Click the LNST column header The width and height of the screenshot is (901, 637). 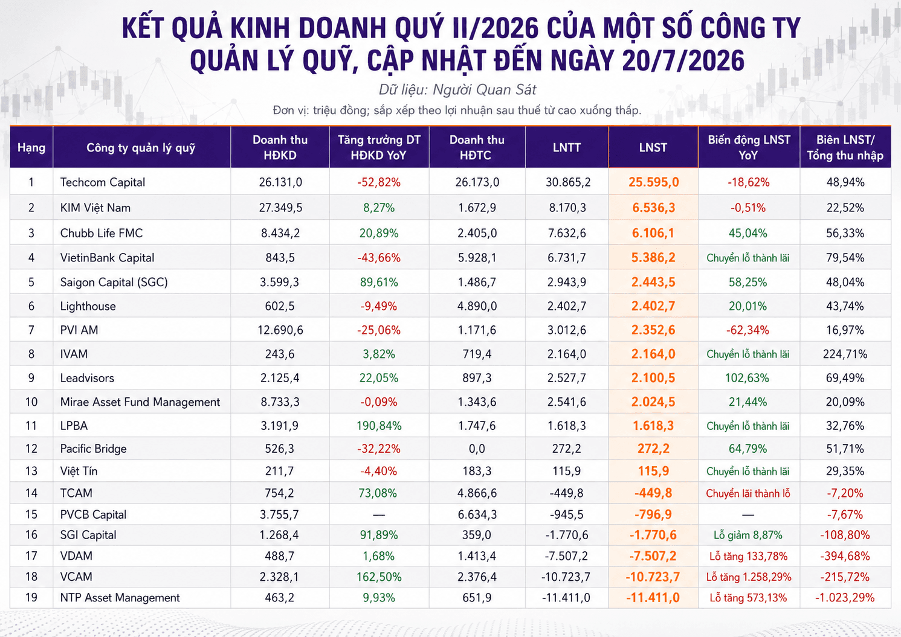[653, 147]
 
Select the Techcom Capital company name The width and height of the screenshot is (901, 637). [103, 182]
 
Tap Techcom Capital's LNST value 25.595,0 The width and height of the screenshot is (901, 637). [654, 182]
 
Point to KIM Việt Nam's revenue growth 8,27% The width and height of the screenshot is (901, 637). [378, 208]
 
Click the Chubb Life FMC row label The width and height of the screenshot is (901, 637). [102, 233]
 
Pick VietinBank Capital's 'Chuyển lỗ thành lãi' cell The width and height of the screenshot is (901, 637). [748, 258]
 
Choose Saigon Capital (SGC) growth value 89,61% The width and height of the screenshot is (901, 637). [378, 282]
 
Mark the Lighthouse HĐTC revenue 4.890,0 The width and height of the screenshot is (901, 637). [477, 306]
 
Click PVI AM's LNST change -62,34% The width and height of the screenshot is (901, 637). [748, 330]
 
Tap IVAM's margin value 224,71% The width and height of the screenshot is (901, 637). [845, 354]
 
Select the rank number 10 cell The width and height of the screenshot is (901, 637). [31, 402]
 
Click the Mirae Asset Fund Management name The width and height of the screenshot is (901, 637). [140, 402]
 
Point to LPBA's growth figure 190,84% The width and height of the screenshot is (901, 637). [378, 426]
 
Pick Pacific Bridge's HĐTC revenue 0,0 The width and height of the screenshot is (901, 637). [477, 449]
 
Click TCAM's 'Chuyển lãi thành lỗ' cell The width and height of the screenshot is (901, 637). [748, 493]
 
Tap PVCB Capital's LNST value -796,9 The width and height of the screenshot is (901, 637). [653, 514]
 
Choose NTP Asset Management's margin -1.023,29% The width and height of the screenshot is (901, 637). [845, 598]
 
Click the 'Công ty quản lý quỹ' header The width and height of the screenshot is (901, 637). [141, 148]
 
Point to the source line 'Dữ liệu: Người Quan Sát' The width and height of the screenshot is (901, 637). [457, 89]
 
